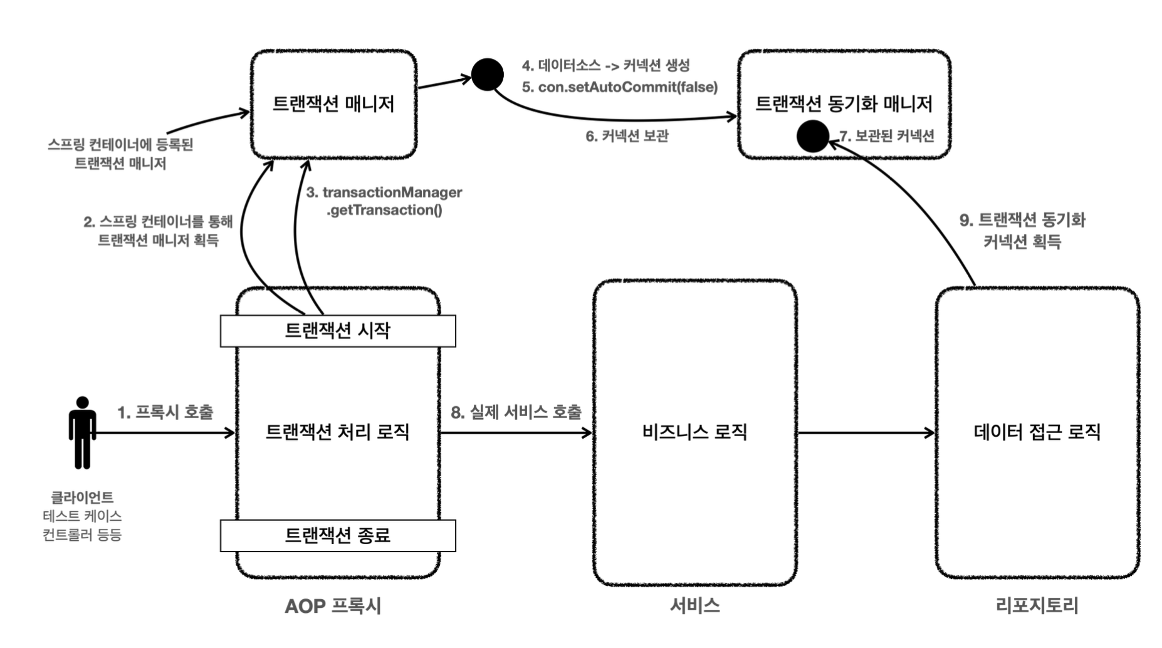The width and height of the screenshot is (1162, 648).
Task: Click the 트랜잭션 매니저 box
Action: click(x=333, y=104)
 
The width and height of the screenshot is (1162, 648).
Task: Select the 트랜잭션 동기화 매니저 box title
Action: click(x=844, y=103)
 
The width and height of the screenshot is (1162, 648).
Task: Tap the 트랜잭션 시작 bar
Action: click(x=338, y=331)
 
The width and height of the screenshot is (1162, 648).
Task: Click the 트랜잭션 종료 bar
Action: click(x=338, y=536)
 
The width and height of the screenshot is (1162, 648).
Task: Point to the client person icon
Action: click(x=82, y=432)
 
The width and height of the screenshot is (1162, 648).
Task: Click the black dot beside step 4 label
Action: click(x=487, y=75)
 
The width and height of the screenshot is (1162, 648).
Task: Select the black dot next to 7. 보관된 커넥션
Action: click(x=813, y=136)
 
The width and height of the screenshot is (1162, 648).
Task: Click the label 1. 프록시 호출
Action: click(x=165, y=412)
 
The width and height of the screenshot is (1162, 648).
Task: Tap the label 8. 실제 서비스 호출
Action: click(x=516, y=412)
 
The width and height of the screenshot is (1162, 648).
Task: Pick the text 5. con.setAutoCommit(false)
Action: click(x=619, y=87)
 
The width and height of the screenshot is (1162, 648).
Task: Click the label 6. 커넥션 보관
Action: click(x=627, y=136)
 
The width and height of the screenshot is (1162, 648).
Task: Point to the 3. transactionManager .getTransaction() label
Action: click(x=384, y=201)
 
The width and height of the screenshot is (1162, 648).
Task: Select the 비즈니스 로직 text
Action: click(x=694, y=432)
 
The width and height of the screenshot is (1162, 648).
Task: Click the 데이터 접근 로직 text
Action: click(x=1037, y=432)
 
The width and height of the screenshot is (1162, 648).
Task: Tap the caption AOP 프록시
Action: click(x=333, y=606)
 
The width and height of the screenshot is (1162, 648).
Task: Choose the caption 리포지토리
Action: click(x=1037, y=605)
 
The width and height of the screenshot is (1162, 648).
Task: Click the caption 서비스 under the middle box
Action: click(x=694, y=605)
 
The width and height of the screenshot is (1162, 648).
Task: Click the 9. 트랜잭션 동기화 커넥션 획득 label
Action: click(x=1022, y=231)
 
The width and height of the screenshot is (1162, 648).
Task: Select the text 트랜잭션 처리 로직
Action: click(x=338, y=432)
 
